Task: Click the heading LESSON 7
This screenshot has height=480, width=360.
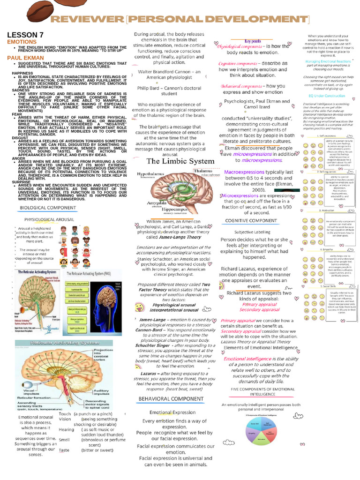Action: point(25,35)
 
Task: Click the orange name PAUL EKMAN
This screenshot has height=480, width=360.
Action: point(23,57)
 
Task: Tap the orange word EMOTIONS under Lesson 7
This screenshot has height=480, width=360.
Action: point(22,42)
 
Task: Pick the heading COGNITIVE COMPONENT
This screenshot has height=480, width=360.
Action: point(251,220)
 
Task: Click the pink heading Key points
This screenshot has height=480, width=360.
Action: point(253,41)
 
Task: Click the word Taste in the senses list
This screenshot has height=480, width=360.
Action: point(64,450)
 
